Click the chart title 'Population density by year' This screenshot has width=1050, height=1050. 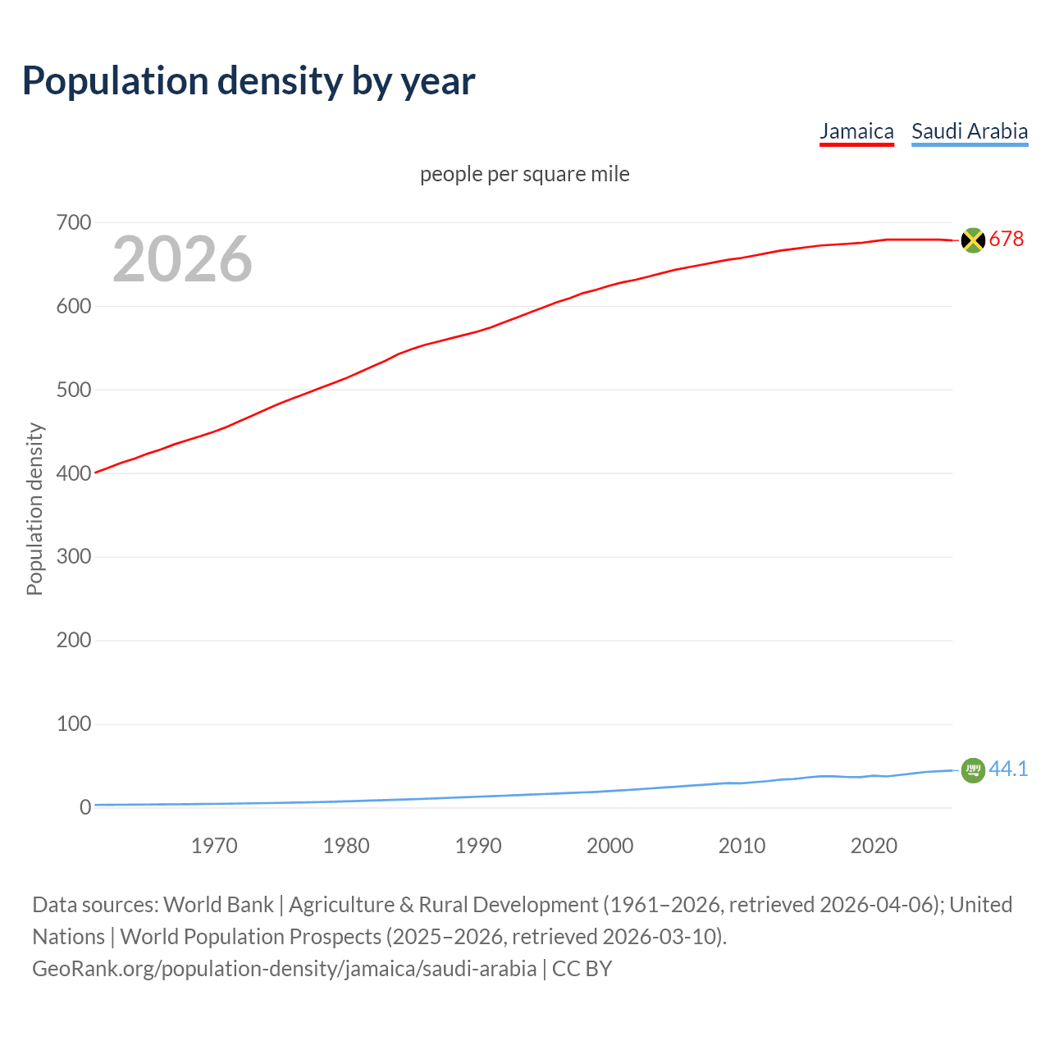point(249,81)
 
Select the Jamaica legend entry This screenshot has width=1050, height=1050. point(856,131)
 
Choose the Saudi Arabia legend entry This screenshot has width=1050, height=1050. point(970,131)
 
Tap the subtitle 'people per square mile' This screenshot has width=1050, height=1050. point(525,174)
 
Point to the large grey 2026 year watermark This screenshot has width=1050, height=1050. point(182,259)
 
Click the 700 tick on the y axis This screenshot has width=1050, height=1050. point(74,222)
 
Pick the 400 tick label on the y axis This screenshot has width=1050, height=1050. point(74,473)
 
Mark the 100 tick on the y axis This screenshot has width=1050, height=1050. point(74,724)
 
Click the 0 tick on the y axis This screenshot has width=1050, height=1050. point(84,808)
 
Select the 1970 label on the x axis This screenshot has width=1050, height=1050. point(214,846)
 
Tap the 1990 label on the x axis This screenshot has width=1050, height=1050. point(478,846)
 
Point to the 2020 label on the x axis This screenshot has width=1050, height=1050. point(874,846)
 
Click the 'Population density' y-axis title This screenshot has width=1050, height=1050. point(34,509)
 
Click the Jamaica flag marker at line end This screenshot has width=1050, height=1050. point(973,240)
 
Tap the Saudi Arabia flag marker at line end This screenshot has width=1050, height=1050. point(973,770)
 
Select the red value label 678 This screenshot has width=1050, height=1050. point(1007,239)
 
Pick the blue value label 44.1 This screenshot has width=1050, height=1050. point(1008,769)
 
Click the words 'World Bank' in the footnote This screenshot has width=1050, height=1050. point(218,905)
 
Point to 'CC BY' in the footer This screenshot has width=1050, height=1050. point(582,969)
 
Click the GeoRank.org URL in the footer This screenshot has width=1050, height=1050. point(284,969)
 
